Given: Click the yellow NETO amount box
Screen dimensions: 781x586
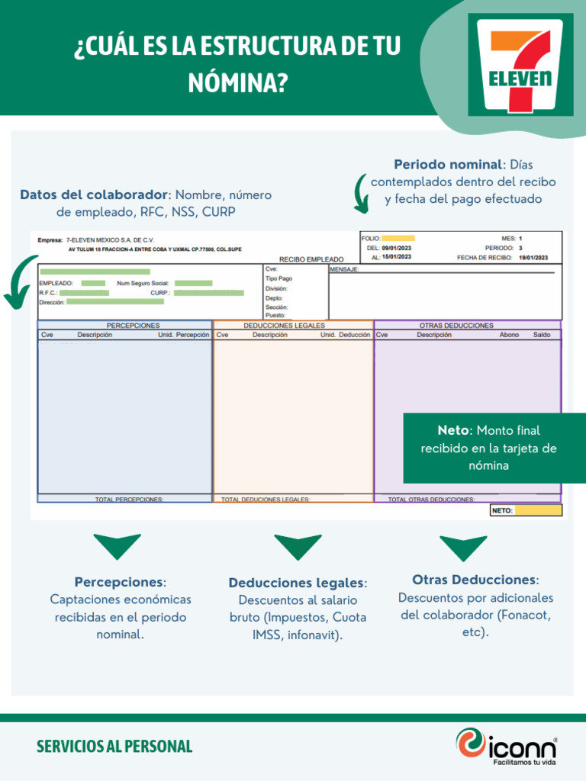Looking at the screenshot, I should click(x=538, y=510).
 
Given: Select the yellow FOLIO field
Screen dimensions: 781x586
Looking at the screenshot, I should click(x=398, y=238).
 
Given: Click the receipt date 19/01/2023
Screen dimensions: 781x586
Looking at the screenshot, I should click(x=533, y=258).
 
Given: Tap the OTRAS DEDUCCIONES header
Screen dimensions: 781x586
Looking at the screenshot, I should click(x=456, y=326).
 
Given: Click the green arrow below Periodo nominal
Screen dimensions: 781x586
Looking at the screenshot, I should click(x=360, y=194).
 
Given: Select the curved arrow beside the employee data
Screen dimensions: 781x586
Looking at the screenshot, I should click(x=21, y=282).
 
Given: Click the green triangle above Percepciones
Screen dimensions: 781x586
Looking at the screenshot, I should click(x=117, y=546).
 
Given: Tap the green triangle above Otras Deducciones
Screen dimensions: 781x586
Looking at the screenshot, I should click(x=463, y=547).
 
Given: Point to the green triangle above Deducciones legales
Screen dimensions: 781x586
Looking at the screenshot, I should click(x=298, y=546).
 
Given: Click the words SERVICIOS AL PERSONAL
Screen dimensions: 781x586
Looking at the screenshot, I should click(x=114, y=746).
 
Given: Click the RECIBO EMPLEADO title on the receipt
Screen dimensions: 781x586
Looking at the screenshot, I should click(x=311, y=259).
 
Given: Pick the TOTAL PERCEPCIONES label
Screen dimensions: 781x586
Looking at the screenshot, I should click(x=129, y=500).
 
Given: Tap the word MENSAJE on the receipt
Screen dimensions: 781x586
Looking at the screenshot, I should click(x=344, y=269).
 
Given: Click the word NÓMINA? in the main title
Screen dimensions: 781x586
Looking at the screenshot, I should click(x=238, y=83).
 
